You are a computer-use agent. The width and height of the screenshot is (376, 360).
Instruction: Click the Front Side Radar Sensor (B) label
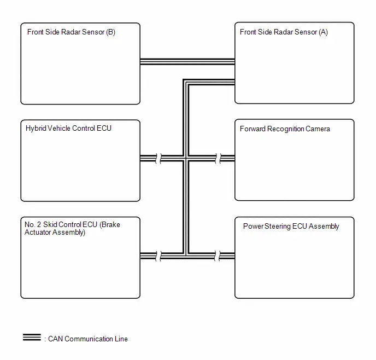point(71,32)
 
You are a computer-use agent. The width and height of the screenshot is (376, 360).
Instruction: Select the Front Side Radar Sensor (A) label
point(284,32)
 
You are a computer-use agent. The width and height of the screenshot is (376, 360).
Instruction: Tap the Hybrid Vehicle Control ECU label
point(68,129)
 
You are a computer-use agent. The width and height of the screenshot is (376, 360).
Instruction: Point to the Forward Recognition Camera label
point(285,129)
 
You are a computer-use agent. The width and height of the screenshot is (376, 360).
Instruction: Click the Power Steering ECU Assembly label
point(291,226)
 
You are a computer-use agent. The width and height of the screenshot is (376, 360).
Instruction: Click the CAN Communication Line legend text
point(88,339)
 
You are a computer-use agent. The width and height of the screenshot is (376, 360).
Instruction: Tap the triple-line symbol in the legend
point(32,337)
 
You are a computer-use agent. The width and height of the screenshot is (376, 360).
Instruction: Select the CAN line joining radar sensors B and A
point(187,61)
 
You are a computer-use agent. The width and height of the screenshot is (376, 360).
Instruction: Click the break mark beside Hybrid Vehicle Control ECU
point(158,159)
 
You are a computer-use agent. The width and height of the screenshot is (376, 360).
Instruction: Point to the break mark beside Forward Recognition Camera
point(218,159)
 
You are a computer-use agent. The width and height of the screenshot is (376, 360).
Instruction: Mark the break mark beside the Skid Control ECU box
point(158,256)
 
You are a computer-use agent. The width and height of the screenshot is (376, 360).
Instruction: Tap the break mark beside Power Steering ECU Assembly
point(218,256)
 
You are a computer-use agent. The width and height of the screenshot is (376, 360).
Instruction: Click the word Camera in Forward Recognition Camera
point(318,129)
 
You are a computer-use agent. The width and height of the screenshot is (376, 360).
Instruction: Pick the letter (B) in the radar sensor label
point(111,32)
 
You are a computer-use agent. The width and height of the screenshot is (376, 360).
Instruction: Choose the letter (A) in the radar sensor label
point(324,32)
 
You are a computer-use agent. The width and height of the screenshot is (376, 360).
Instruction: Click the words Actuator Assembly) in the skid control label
point(55,233)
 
